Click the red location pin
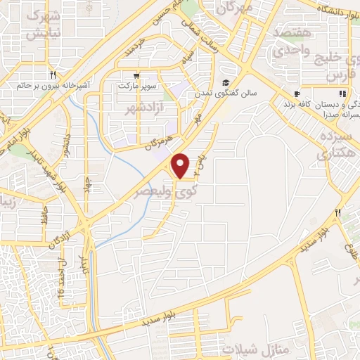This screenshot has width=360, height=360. (181, 165)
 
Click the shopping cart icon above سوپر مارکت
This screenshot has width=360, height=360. (135, 74)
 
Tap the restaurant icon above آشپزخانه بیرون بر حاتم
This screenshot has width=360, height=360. (53, 74)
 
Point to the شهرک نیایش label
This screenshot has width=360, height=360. (44, 23)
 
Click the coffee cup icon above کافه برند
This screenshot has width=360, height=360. (297, 93)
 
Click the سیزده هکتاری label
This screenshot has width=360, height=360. (333, 145)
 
